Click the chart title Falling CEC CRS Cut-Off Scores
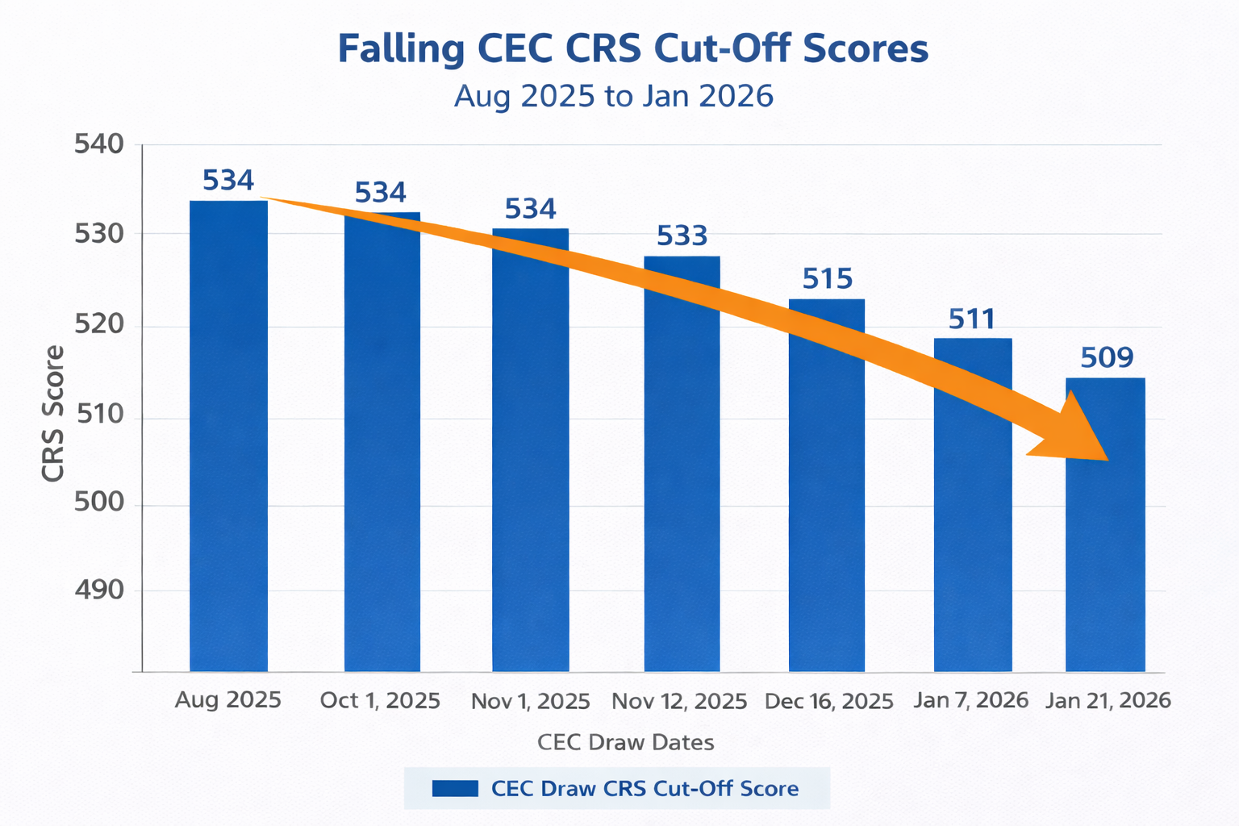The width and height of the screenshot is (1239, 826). [632, 48]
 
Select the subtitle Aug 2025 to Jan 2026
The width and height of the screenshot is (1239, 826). [614, 96]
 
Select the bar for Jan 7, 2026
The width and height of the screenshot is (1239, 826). [973, 524]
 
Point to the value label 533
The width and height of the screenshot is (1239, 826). [682, 236]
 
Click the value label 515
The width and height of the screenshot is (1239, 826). [828, 279]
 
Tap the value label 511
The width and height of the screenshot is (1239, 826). [972, 319]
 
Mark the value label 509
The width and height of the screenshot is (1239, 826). [1107, 357]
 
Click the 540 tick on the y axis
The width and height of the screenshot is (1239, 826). [99, 145]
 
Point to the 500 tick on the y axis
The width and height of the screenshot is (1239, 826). [99, 503]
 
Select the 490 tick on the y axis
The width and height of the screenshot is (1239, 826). [99, 590]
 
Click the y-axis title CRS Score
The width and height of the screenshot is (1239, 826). [53, 414]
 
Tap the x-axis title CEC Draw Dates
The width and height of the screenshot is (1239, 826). [626, 742]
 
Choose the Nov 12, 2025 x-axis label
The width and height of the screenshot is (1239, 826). [679, 702]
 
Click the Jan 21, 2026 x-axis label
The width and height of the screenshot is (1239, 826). [1108, 700]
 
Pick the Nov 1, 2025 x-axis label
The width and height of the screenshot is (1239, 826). [531, 702]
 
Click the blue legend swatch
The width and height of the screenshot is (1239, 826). [455, 788]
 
